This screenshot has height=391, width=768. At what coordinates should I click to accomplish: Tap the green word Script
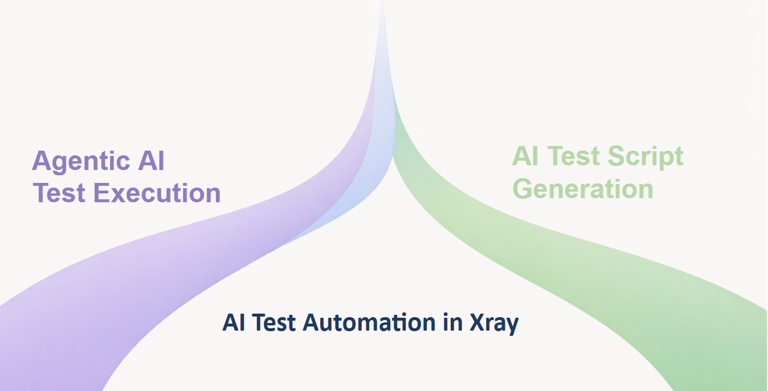[x=645, y=157]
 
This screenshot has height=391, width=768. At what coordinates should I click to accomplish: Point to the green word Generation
[x=583, y=189]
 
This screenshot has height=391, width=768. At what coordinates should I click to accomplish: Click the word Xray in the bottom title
[x=494, y=323]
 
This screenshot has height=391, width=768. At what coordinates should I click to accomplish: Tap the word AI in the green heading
[x=525, y=156]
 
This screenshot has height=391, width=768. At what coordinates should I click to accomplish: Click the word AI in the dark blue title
[x=233, y=322]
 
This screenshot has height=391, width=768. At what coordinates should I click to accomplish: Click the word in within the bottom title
[x=452, y=322]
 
